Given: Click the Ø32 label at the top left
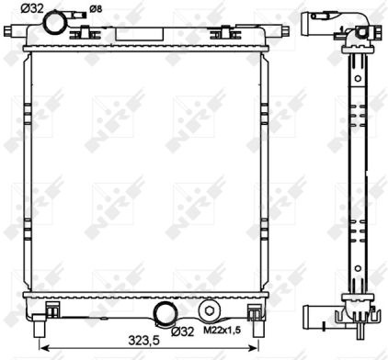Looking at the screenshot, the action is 32,8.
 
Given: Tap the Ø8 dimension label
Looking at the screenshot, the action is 96,9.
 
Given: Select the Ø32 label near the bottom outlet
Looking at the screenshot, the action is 183,331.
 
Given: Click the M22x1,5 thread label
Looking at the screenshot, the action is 222,331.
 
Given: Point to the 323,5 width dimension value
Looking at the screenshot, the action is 144,341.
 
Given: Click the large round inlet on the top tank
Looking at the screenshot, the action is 55,23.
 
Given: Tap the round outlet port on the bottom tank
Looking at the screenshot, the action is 165,313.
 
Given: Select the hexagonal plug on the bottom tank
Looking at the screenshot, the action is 210,311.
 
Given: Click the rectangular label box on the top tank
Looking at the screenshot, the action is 139,35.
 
